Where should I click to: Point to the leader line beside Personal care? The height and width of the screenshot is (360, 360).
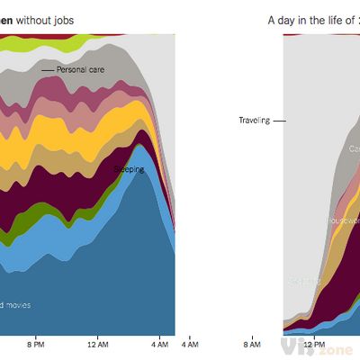click(x=47, y=69)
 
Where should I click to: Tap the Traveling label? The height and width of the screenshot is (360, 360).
click(x=254, y=120)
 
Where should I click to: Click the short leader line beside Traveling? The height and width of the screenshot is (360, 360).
click(x=279, y=120)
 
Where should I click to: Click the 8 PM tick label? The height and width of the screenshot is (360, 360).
click(x=36, y=344)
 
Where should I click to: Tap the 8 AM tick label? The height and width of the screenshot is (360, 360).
click(x=252, y=344)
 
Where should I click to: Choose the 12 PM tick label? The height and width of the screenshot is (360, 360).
click(x=313, y=344)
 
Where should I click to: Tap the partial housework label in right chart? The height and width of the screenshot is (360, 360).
click(x=345, y=219)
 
